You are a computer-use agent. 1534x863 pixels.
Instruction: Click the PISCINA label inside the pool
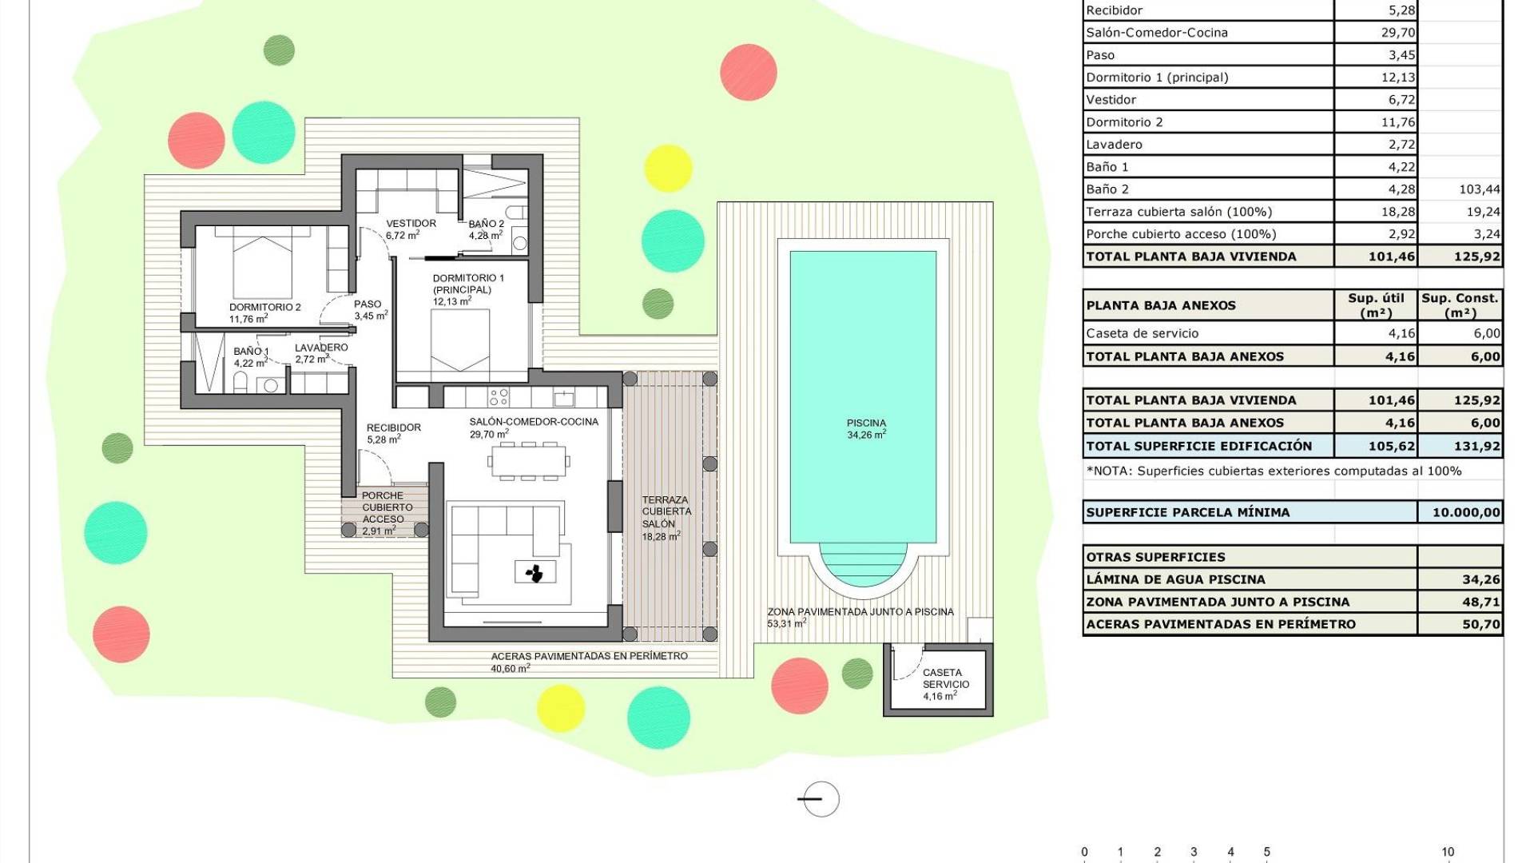(866, 424)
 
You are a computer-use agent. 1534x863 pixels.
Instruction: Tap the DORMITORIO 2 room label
(265, 308)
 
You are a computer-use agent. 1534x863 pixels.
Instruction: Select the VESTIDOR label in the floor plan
(411, 224)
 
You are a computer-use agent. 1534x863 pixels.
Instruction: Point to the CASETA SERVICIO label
(946, 678)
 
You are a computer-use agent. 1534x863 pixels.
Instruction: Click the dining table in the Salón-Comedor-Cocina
(528, 460)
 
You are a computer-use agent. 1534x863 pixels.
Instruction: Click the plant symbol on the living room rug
(535, 572)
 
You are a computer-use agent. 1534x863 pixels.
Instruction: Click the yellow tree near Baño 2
(668, 169)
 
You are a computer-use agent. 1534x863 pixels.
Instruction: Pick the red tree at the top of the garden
(749, 72)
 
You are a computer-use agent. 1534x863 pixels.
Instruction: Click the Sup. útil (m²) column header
(1376, 304)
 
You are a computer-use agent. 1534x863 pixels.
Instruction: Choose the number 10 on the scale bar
(1448, 852)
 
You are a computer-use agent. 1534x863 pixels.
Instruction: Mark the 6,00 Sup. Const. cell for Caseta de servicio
(1487, 333)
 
